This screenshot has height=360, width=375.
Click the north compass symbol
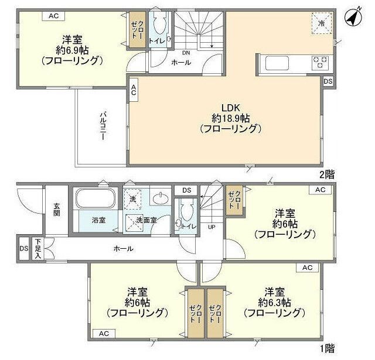(x=353, y=18)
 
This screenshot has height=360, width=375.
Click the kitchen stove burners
(x=320, y=61)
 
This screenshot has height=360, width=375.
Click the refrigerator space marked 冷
(x=322, y=23)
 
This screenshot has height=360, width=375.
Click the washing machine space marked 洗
(x=134, y=199)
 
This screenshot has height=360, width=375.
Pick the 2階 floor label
(x=326, y=174)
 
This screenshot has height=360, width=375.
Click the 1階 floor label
(x=326, y=348)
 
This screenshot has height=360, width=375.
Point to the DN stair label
(x=185, y=51)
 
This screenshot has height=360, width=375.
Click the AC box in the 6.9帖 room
(x=53, y=16)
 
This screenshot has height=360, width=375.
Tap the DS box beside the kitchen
(x=328, y=81)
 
